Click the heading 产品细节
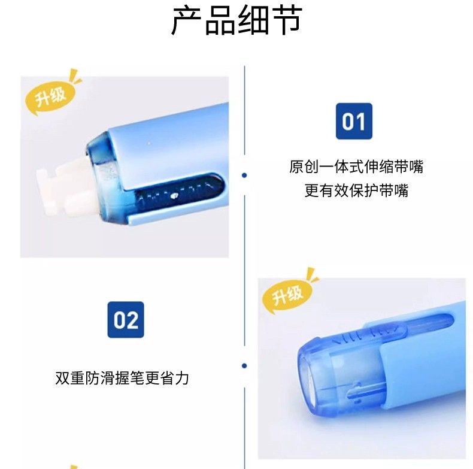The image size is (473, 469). pos(237,20)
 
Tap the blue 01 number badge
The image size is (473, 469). pos(354,121)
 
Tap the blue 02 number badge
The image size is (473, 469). pos(126,320)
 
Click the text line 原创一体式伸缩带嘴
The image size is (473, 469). pos(356,167)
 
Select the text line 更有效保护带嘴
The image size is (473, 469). pos(356,190)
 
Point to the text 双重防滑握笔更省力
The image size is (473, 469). pos(122,378)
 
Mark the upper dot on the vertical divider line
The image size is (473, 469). pos(244,175)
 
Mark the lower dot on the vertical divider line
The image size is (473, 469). pos(244,366)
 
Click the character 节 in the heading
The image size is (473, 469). pos(287,20)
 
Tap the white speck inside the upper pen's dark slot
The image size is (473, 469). pos(174,196)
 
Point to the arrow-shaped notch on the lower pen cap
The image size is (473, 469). pos(353,393)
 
